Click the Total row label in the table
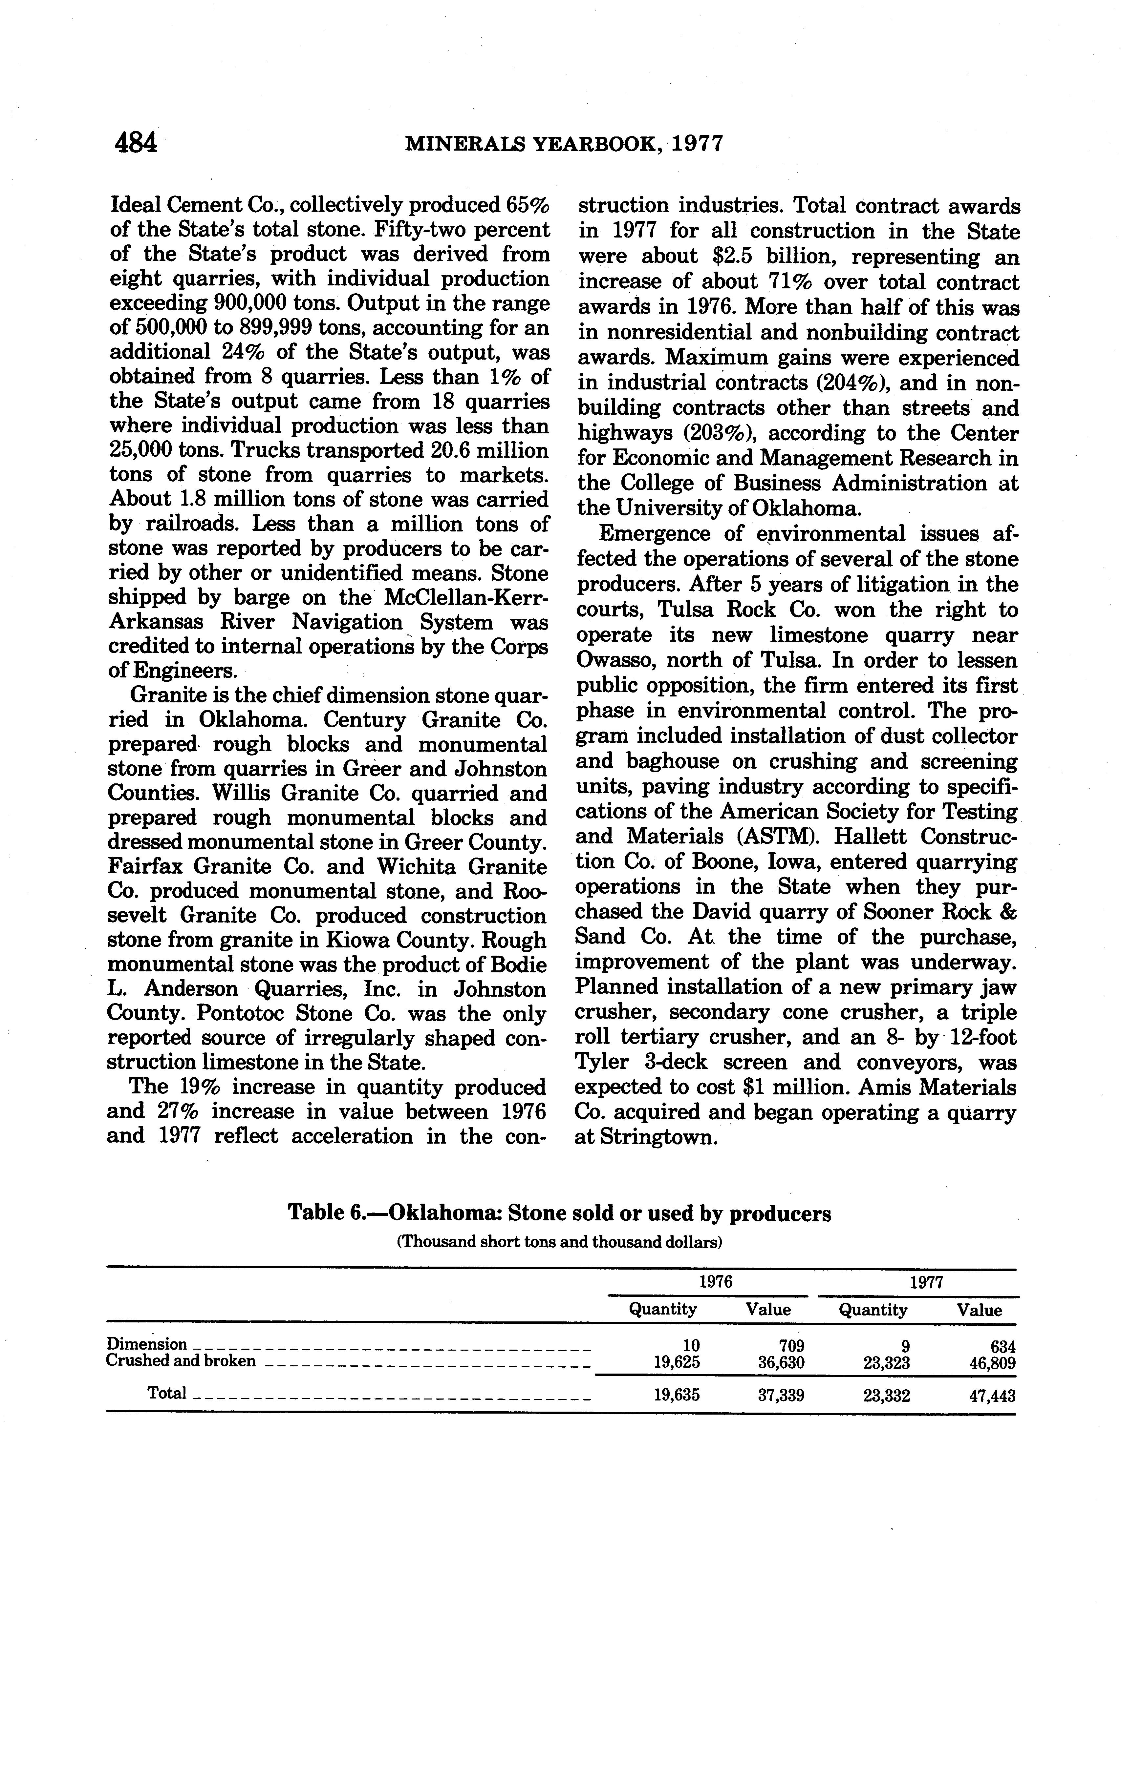pyautogui.click(x=167, y=1393)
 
